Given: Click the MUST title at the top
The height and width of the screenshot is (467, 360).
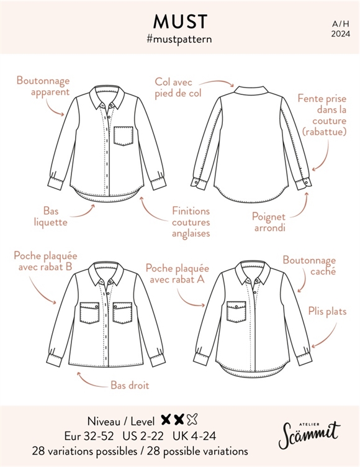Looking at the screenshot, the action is (x=180, y=22).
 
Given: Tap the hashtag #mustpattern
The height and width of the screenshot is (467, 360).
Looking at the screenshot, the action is (x=179, y=39).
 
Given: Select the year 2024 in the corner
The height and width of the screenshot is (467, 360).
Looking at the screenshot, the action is (x=341, y=34).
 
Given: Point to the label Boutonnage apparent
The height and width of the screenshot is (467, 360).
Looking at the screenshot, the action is (x=43, y=86).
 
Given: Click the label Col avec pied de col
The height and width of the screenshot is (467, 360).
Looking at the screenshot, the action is (x=178, y=88).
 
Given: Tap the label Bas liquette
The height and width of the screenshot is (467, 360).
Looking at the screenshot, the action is (x=51, y=217).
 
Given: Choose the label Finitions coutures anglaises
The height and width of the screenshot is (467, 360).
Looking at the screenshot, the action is (x=191, y=222).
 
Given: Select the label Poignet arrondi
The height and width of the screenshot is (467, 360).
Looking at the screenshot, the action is (x=269, y=222).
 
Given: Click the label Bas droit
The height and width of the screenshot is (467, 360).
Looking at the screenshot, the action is (x=130, y=386).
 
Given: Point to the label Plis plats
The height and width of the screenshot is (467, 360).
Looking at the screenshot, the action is (x=327, y=312).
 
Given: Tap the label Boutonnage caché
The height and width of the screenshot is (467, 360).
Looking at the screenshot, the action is (x=309, y=265).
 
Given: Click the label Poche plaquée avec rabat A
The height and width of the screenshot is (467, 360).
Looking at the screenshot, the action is (x=177, y=274).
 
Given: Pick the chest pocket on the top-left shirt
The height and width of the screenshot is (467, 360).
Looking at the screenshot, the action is (x=124, y=136).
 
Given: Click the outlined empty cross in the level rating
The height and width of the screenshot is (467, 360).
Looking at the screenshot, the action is (x=192, y=420).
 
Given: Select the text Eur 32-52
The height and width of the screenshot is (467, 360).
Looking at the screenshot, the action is (x=89, y=436).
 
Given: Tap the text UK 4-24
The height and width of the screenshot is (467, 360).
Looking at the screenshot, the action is (x=194, y=436).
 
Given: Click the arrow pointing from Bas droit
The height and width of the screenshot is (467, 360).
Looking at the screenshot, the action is (x=90, y=381).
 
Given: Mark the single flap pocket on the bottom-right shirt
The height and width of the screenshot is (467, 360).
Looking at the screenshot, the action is (x=236, y=312).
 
